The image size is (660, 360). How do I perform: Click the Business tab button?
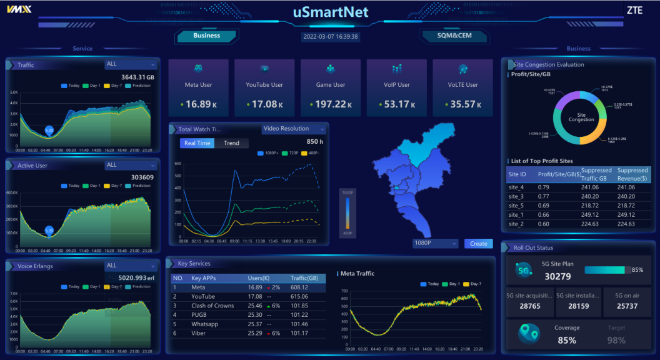[206, 36]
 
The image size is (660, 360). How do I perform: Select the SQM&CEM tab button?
[454, 36]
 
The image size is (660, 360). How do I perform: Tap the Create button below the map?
[479, 244]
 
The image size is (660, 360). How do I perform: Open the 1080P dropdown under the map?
[436, 244]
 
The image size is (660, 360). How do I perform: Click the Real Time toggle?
[197, 143]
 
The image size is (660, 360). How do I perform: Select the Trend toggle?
[231, 143]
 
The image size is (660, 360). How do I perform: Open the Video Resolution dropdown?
[294, 129]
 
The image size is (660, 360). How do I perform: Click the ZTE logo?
[634, 11]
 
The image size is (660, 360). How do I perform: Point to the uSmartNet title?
[331, 12]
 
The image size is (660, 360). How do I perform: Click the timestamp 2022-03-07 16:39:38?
[331, 37]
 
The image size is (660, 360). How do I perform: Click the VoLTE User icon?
[463, 69]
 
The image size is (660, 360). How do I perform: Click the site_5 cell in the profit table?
[516, 206]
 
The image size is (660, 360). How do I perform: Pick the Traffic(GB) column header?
[304, 278]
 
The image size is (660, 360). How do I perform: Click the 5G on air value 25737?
[626, 306]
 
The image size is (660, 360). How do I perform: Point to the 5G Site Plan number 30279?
[557, 276]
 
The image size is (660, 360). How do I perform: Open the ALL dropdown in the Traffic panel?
[131, 64]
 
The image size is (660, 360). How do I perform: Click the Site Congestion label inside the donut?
[581, 117]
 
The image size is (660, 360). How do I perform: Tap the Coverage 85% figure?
[566, 340]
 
